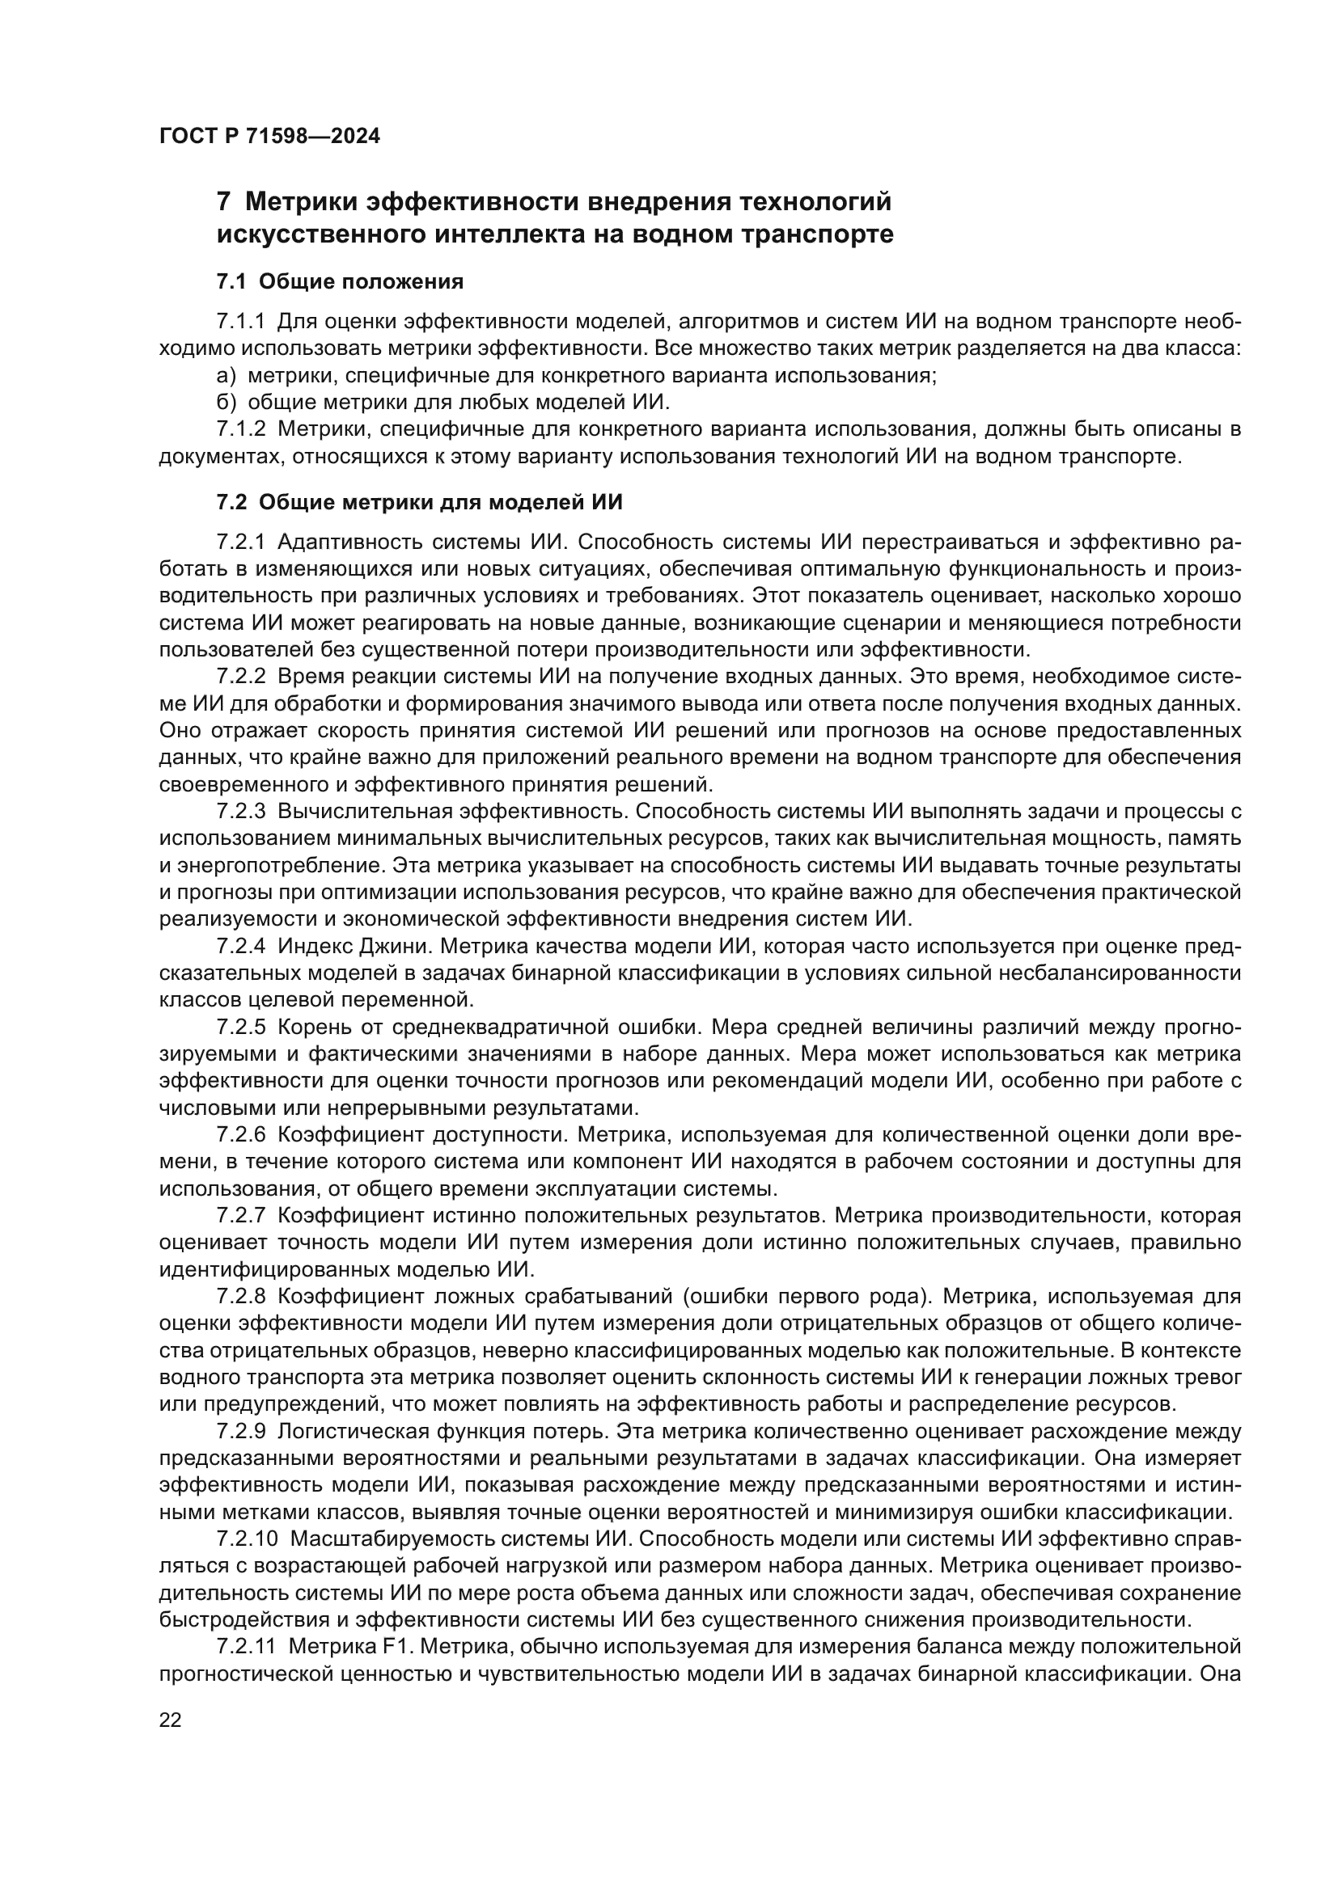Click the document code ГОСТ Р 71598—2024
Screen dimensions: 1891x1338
tap(269, 137)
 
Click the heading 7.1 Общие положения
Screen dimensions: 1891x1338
tap(340, 281)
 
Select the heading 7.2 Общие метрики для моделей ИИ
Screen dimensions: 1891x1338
tap(419, 501)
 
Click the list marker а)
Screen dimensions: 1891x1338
tap(226, 376)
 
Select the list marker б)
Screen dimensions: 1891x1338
tap(226, 403)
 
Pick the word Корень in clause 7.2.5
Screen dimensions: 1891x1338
tap(311, 1027)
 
